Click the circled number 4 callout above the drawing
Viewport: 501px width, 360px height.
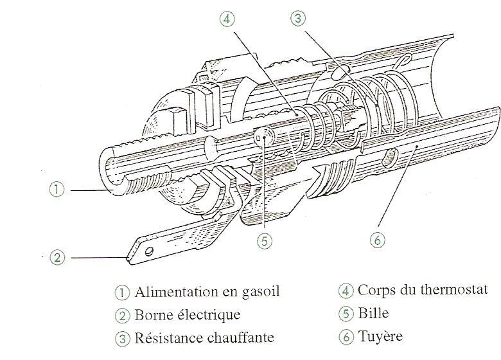227,19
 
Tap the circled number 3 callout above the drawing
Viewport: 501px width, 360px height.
298,18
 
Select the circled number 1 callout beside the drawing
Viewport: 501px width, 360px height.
57,189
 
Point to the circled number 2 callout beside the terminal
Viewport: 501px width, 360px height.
57,257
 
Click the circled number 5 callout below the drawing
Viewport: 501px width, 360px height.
265,240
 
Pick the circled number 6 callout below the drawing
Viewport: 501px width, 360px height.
377,240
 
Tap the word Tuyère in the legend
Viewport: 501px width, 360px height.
380,336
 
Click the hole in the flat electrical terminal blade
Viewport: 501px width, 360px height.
149,251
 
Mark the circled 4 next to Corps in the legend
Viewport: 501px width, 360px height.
346,291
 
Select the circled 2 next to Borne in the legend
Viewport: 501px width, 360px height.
123,316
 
